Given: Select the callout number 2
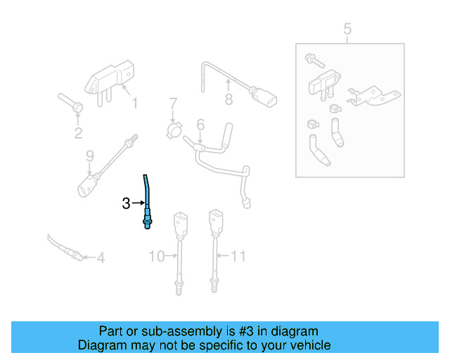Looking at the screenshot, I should coord(78,133).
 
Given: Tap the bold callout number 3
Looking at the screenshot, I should coord(126,204).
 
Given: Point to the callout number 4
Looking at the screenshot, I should coord(101,258).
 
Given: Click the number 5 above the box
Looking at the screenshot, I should coord(347,29).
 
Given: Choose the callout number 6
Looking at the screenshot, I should coord(200,125).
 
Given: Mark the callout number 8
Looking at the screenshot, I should coord(228,101).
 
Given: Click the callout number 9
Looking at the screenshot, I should coord(89,155).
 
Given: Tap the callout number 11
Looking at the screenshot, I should coord(239,256).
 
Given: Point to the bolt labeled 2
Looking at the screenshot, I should coord(70,103).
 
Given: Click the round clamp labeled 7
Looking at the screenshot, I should coord(174,130).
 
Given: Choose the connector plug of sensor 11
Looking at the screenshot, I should coord(214,221).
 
